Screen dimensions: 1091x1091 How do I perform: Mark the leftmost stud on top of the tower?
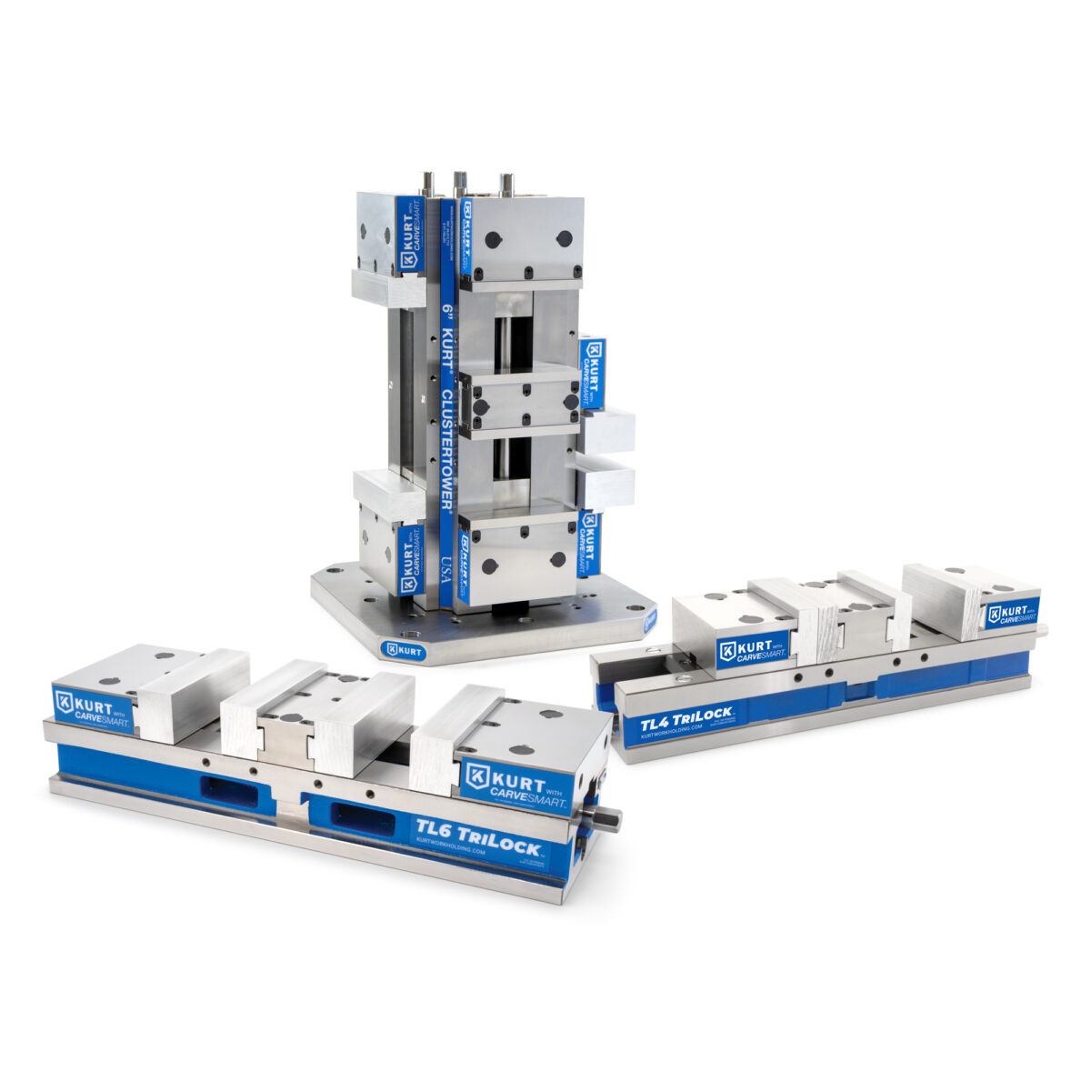coord(425,185)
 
